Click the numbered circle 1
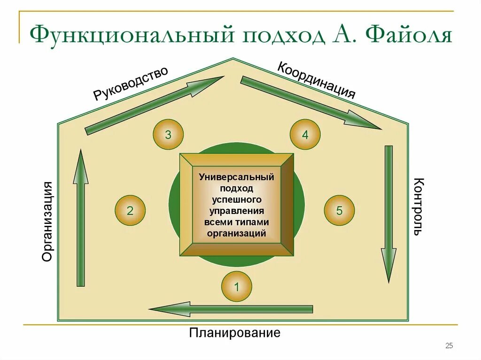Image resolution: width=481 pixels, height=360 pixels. [237, 286]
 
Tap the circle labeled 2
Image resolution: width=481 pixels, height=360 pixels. [130, 211]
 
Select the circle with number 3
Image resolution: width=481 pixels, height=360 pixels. [168, 135]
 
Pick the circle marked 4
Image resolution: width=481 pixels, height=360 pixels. [305, 135]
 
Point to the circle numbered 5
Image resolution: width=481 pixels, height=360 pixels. [339, 211]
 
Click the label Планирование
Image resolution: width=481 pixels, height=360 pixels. [235, 333]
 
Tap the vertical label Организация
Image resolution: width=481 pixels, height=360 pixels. [47, 222]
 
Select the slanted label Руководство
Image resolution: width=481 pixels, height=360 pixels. [130, 84]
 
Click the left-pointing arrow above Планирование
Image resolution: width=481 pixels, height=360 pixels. [231, 309]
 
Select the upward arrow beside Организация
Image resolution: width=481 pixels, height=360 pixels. [81, 218]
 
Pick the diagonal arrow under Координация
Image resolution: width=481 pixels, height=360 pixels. [310, 103]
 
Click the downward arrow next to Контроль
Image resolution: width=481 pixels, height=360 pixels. [388, 214]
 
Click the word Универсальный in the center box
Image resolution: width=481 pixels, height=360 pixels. [236, 177]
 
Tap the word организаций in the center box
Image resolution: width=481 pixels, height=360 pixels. [236, 233]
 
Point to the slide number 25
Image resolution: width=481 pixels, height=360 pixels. [449, 346]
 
